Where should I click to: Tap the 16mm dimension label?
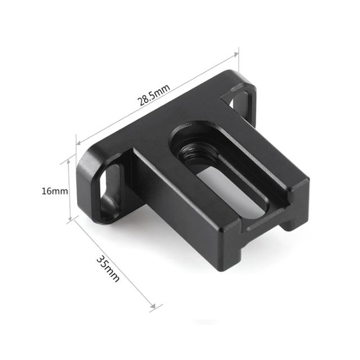pyautogui.click(x=55, y=191)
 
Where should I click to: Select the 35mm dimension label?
pyautogui.click(x=108, y=268)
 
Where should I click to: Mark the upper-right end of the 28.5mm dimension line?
pyautogui.click(x=237, y=53)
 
